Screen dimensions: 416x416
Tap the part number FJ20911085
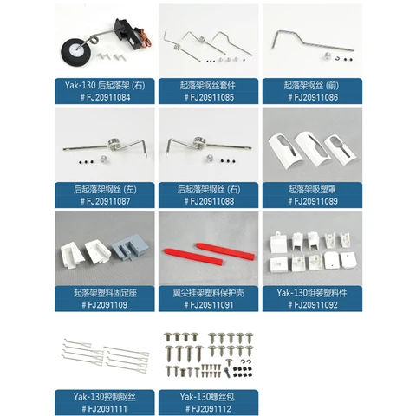[208, 97]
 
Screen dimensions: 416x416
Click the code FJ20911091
[208, 305]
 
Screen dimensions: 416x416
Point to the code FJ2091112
[208, 408]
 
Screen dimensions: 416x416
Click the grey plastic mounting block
[131, 251]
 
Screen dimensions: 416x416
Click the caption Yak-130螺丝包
[208, 397]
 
